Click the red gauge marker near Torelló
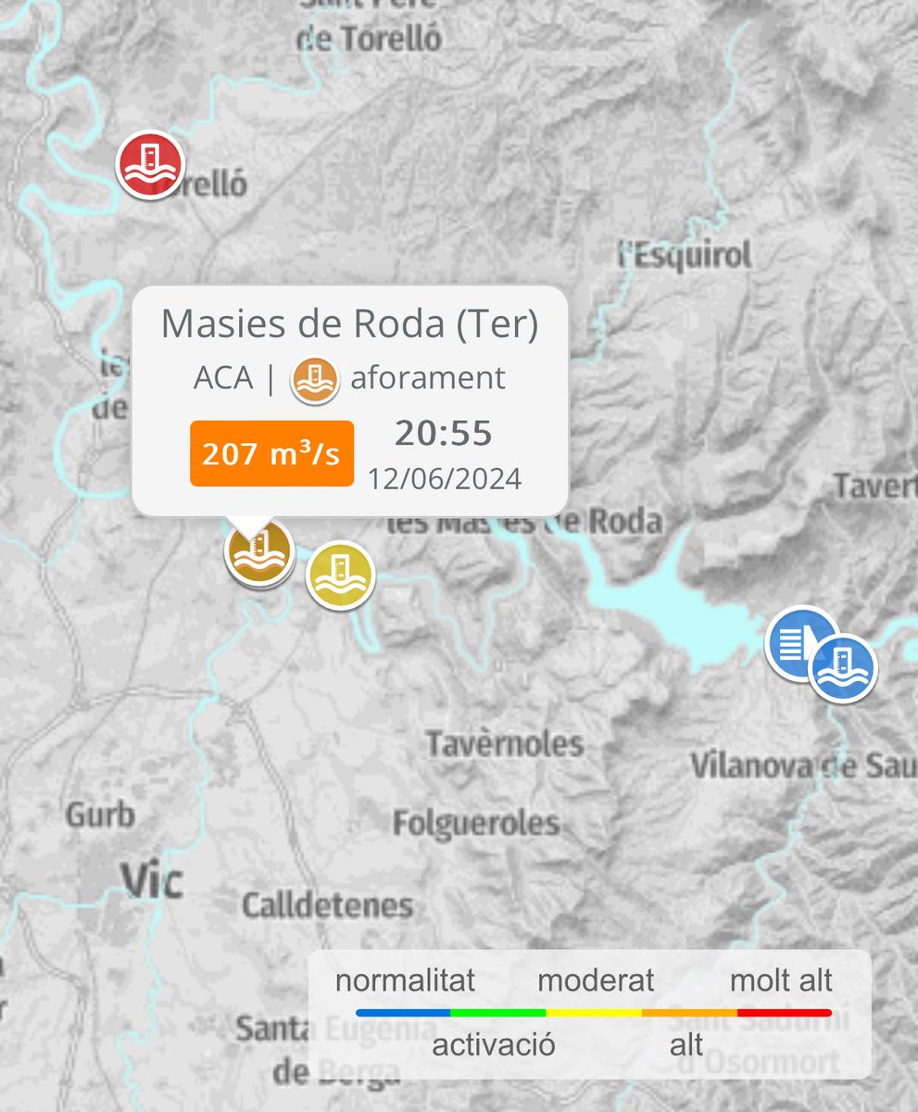click(150, 164)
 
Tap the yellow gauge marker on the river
click(340, 575)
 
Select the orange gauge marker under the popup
click(259, 553)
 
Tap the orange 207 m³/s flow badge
click(271, 454)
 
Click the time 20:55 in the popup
click(444, 433)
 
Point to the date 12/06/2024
click(445, 479)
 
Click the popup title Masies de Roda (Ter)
click(349, 323)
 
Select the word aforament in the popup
click(427, 378)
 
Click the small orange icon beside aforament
click(315, 379)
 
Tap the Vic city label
click(152, 880)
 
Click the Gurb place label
click(100, 815)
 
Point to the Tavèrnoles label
click(505, 743)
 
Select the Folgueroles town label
click(476, 823)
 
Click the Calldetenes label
click(327, 905)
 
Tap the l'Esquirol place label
click(685, 255)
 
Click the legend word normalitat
click(405, 979)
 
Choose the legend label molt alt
click(781, 979)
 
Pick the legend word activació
click(494, 1045)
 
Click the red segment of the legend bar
click(784, 1013)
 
